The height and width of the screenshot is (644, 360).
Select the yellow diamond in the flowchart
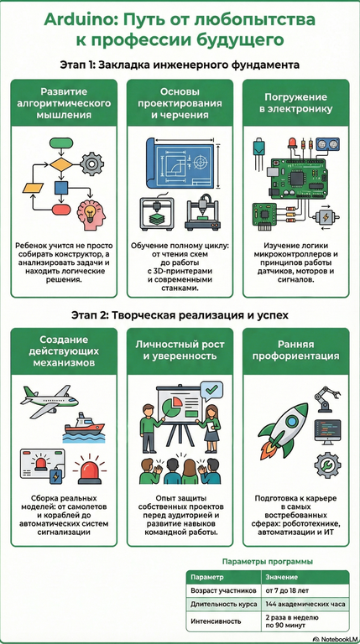point(61,164)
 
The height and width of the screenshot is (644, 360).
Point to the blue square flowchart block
point(60,188)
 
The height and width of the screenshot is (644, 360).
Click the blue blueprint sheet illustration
point(180,162)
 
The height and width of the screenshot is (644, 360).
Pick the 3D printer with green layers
point(157,214)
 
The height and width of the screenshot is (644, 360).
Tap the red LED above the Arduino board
point(293,144)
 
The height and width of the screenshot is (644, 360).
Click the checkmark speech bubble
point(211,389)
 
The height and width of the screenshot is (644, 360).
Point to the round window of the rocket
point(291,421)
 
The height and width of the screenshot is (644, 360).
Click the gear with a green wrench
point(327,465)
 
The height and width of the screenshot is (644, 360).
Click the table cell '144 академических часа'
point(305,604)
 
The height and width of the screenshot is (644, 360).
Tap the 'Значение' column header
point(281,577)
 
